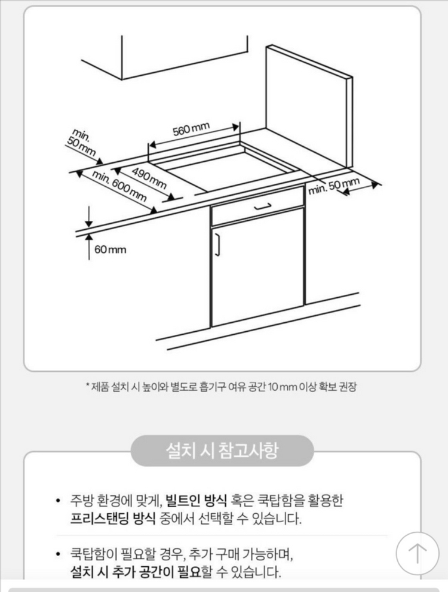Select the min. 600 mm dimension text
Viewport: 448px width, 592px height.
point(120,186)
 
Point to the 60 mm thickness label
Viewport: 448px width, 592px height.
point(111,249)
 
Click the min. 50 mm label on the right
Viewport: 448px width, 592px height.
point(334,186)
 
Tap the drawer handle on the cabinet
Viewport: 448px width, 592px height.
point(263,206)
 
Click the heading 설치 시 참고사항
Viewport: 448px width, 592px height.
point(222,450)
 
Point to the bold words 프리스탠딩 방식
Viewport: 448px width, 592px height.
point(113,517)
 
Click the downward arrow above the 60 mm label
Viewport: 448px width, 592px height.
point(88,214)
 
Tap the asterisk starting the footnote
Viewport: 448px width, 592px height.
point(88,386)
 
